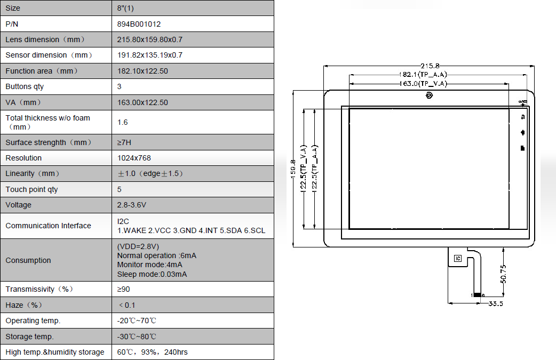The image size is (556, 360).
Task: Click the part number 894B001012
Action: tap(139, 24)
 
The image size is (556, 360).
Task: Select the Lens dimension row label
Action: tap(45, 39)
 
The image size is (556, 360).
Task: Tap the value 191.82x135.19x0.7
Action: tap(149, 55)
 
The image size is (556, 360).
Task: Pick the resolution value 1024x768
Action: tap(134, 158)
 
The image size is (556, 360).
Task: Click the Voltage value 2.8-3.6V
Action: tap(132, 205)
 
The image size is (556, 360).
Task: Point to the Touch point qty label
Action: tap(31, 189)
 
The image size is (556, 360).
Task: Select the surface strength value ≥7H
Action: tap(124, 142)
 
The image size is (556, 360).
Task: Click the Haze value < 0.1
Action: tap(127, 305)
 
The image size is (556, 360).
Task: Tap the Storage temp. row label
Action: tap(29, 337)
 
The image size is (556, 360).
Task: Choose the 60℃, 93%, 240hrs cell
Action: tap(152, 352)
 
